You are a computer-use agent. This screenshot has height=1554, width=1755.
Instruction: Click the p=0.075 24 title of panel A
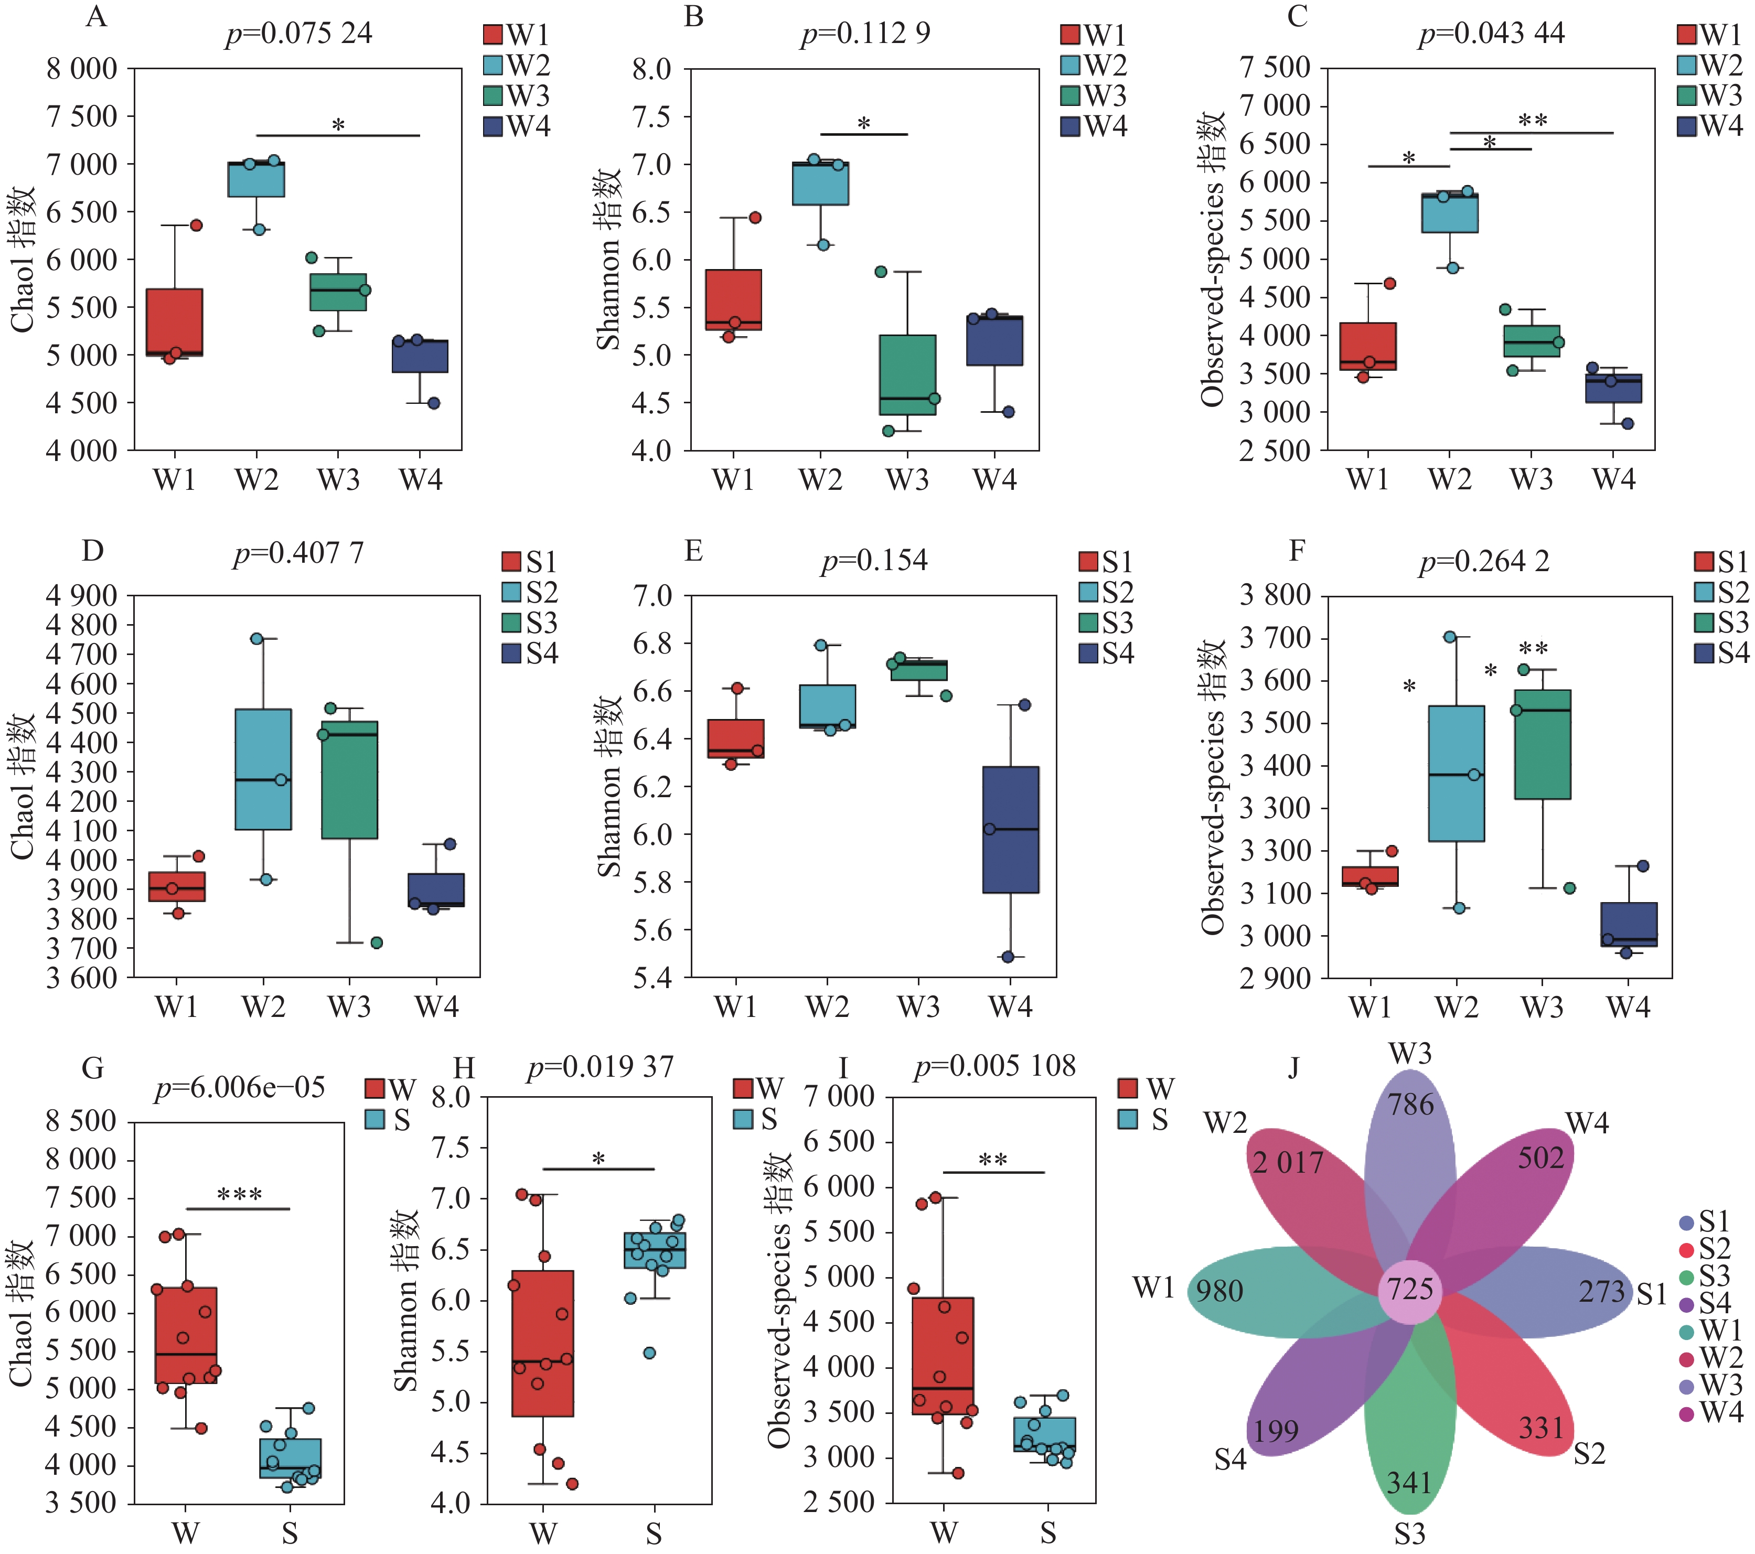click(299, 34)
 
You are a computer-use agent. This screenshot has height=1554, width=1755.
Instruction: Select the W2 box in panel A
click(256, 179)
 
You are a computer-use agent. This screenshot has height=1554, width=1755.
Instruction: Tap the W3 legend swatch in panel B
click(1070, 95)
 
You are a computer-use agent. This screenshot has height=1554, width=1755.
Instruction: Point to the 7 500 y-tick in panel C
click(1274, 68)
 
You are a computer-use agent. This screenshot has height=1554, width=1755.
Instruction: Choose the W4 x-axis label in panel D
click(437, 1006)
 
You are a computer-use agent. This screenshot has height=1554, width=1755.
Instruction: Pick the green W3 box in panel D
click(349, 779)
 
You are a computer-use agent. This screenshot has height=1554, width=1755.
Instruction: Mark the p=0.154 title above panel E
click(874, 561)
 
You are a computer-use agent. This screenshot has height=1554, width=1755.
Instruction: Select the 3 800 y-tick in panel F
click(1274, 594)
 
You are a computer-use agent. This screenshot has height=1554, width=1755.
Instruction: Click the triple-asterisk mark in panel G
click(240, 1194)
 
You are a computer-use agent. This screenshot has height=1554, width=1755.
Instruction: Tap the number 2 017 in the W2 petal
click(1287, 1163)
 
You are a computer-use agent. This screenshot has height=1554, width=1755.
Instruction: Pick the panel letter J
click(1293, 1068)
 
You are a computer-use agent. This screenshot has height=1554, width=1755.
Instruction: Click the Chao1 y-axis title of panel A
click(23, 259)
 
